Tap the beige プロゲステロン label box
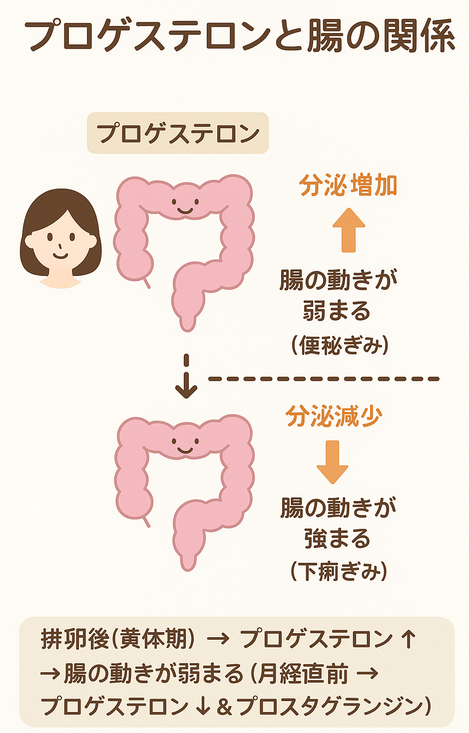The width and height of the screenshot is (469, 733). pos(178,133)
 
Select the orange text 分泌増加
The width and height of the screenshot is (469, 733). pos(348,186)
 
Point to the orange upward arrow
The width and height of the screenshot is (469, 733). pos(349,230)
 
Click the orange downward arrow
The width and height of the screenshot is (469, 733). pos(332,462)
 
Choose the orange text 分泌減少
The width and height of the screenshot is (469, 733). pos(334,416)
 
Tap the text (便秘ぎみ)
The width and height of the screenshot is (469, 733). pos(340,345)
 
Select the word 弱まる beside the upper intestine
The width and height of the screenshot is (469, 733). pos(337,311)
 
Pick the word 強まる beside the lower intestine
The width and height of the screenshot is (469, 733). pos(338,539)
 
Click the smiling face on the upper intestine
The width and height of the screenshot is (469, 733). pos(185,206)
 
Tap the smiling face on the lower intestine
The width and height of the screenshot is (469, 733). pos(185,445)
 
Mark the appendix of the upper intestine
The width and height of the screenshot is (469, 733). pos(146,283)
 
